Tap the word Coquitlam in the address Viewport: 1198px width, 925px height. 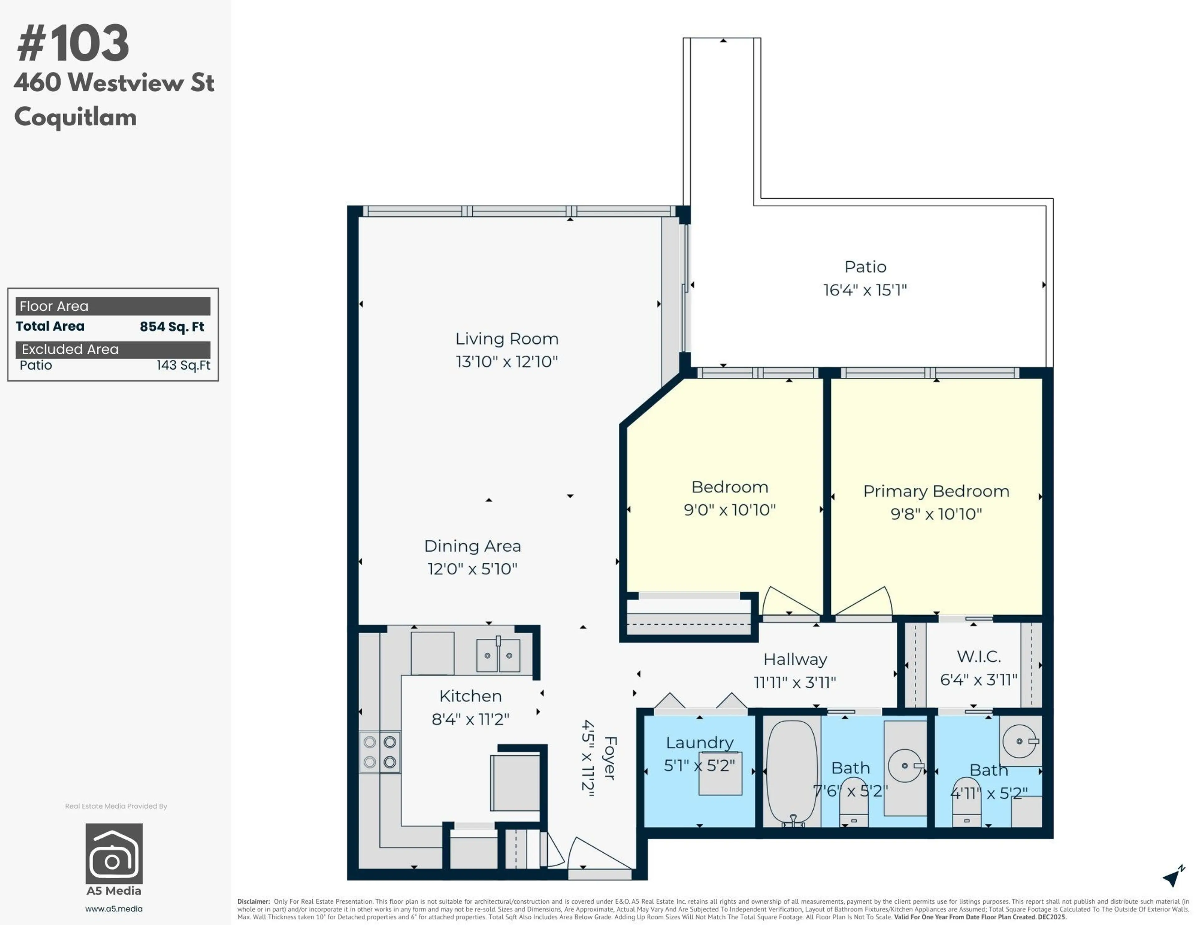[x=75, y=117]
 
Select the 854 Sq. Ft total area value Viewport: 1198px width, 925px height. [x=172, y=327]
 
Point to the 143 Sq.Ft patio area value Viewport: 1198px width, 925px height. [x=183, y=365]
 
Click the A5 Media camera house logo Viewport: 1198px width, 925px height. [x=114, y=853]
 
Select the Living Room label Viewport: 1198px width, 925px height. [x=507, y=339]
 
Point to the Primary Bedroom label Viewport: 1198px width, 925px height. [x=936, y=491]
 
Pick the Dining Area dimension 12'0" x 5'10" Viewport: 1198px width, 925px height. [x=472, y=569]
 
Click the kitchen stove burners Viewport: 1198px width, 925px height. [x=380, y=752]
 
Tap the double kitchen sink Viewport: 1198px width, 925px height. [x=498, y=655]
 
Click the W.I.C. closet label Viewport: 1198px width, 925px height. [x=979, y=656]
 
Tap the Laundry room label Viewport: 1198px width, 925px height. [x=699, y=743]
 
